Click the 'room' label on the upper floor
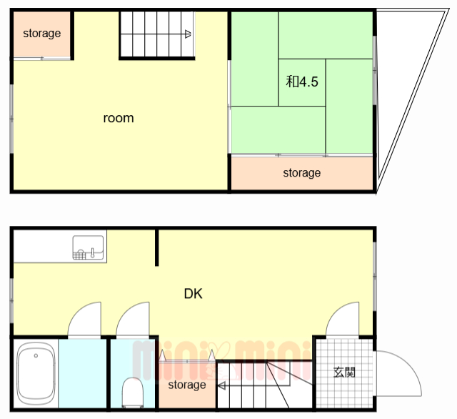point(119,118)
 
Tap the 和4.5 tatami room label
point(301,82)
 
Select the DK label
point(194,294)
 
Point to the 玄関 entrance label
point(344,373)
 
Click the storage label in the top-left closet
point(42,34)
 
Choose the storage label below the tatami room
point(302,173)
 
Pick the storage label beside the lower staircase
point(187,385)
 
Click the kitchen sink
point(88,247)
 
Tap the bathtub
point(36,374)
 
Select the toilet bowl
point(133,393)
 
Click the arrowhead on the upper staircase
point(188,34)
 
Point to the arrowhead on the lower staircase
point(221,385)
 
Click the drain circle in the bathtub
point(36,355)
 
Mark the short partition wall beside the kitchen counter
point(156,247)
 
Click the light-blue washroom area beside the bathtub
point(83,373)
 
